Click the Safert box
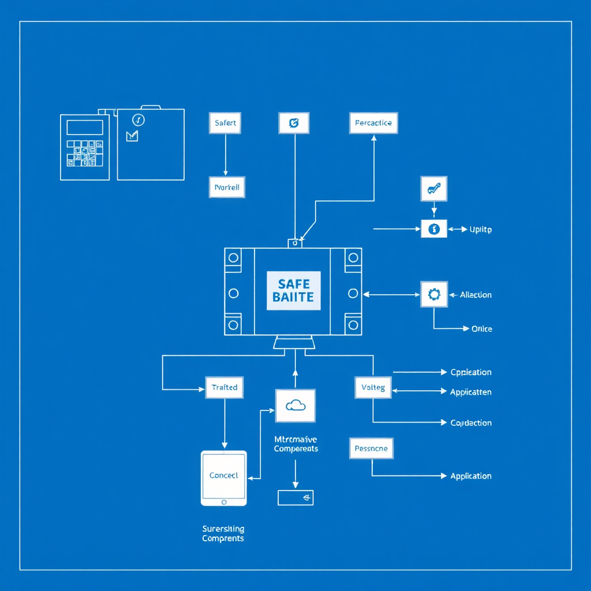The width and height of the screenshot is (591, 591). tap(225, 123)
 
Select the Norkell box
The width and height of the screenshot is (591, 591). tap(226, 188)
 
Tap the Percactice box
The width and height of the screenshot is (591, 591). tap(373, 123)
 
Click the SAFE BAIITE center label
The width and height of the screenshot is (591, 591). tap(293, 290)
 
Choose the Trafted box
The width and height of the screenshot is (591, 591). tap(225, 387)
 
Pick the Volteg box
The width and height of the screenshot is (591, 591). tap(373, 387)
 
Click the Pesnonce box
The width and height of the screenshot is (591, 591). tap(371, 448)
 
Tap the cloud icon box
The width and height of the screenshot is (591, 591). tap(295, 405)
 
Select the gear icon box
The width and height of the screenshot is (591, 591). tap(433, 294)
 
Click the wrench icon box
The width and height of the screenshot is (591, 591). tap(433, 188)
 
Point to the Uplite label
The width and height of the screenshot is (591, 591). tap(480, 230)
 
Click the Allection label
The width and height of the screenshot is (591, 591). tap(476, 295)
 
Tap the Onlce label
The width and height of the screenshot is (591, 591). tap(482, 329)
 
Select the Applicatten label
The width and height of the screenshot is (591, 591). tap(471, 392)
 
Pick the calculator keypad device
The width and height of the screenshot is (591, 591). tap(85, 147)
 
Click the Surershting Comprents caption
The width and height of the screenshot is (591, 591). tap(223, 534)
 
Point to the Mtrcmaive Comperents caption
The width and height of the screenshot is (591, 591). tap(296, 444)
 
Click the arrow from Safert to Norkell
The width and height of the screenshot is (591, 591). tap(225, 155)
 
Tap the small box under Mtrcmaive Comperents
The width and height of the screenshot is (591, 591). tap(295, 498)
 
